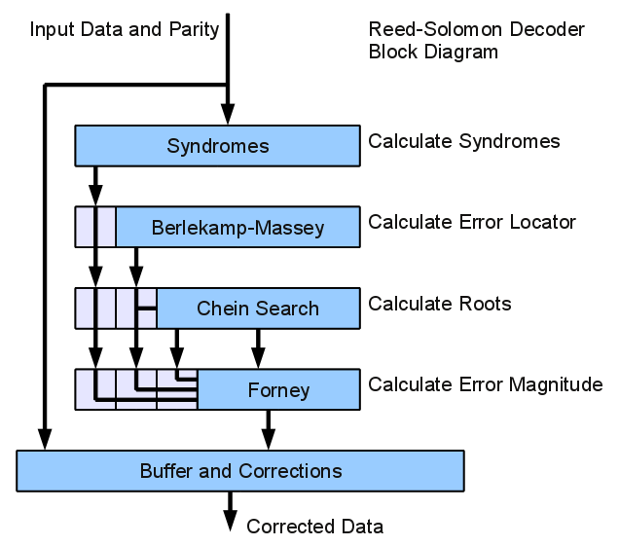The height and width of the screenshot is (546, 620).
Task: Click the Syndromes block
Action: [217, 146]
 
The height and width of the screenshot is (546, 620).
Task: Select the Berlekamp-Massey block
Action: [237, 228]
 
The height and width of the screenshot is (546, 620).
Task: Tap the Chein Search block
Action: [257, 309]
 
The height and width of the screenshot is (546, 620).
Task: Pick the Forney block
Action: [278, 390]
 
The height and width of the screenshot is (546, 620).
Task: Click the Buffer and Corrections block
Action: [240, 471]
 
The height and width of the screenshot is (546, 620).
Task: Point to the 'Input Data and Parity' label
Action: [124, 28]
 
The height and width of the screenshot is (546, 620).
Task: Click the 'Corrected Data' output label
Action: [314, 527]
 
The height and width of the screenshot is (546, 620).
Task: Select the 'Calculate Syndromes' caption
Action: [463, 141]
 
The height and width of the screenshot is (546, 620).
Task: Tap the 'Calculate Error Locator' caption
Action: [471, 222]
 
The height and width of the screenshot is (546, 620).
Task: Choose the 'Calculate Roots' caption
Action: [439, 303]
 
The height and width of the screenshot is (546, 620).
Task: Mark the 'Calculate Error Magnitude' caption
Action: [485, 384]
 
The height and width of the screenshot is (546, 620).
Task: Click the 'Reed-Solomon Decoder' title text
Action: [476, 29]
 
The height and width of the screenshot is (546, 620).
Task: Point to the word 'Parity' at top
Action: [195, 28]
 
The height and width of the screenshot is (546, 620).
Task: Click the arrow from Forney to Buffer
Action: [269, 428]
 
